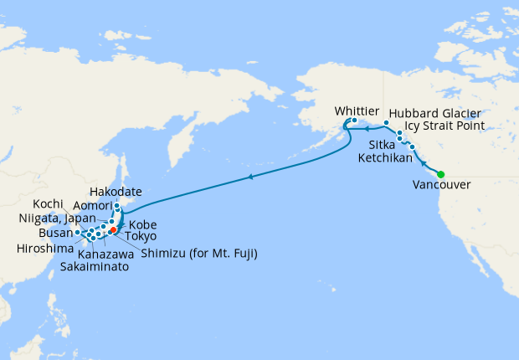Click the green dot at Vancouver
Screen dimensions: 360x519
[441, 174]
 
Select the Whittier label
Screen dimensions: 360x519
[357, 111]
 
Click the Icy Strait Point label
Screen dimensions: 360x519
[444, 126]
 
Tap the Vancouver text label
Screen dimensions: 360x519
[441, 187]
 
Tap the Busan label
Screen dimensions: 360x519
[55, 234]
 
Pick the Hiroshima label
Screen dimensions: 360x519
[44, 249]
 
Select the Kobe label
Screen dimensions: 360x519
[142, 224]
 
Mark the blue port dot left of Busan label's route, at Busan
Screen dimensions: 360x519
[78, 233]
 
